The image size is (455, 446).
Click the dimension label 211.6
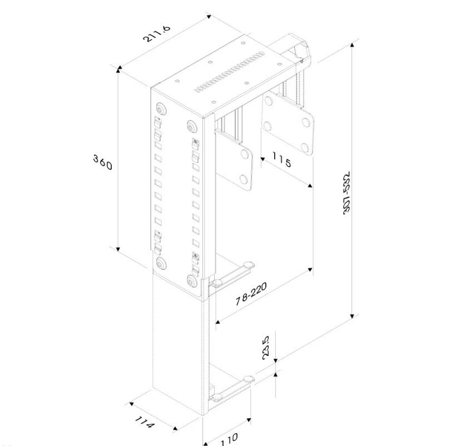point(156,33)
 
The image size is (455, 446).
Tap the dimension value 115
point(282,161)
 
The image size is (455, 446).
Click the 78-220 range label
point(251,293)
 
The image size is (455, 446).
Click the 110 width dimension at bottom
point(227,439)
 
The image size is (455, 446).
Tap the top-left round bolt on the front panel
point(161,108)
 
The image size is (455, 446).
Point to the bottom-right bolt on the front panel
point(192,281)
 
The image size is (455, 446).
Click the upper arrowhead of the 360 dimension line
point(118,68)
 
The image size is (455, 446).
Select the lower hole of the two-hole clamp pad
point(243,179)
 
